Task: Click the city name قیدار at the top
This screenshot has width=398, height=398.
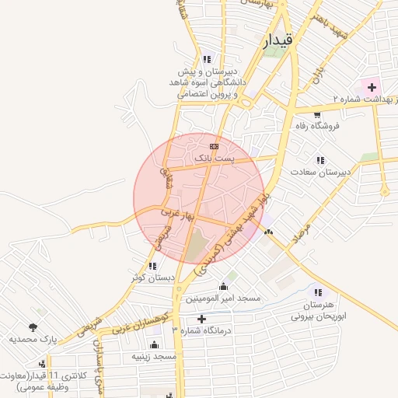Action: tap(278, 41)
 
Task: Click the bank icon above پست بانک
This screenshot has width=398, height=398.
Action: tap(215, 146)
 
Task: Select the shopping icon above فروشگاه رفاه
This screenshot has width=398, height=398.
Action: tap(317, 113)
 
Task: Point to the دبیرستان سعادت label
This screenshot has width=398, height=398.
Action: tap(322, 171)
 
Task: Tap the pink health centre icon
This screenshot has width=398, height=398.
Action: tap(370, 86)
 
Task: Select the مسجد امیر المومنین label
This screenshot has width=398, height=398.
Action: tap(223, 298)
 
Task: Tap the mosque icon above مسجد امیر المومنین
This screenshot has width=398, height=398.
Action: tap(224, 286)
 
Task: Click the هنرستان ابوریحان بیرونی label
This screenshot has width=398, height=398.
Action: tap(317, 311)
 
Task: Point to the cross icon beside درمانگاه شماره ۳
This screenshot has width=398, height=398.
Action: tap(202, 319)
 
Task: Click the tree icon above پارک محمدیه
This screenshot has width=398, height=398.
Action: tap(33, 327)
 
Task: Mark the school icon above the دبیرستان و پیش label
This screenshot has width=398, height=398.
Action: tap(206, 59)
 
